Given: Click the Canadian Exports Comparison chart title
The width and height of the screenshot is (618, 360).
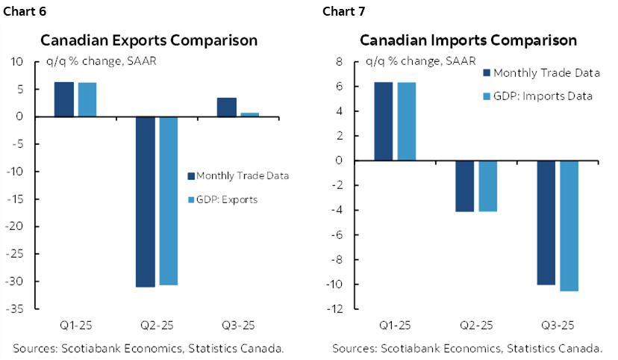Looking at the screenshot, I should pyautogui.click(x=149, y=40).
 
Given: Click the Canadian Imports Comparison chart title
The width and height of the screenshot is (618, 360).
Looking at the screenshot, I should pyautogui.click(x=468, y=40).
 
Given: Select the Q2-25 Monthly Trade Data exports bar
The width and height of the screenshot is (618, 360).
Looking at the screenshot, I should pyautogui.click(x=145, y=202).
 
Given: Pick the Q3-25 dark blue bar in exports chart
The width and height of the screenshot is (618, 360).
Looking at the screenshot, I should pyautogui.click(x=227, y=108).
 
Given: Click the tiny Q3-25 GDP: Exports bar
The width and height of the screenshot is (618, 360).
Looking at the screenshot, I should pyautogui.click(x=250, y=115).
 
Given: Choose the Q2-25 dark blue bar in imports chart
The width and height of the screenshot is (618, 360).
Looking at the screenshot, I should pyautogui.click(x=464, y=186).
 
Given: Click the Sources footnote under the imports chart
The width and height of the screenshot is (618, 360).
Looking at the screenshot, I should pyautogui.click(x=468, y=348).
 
